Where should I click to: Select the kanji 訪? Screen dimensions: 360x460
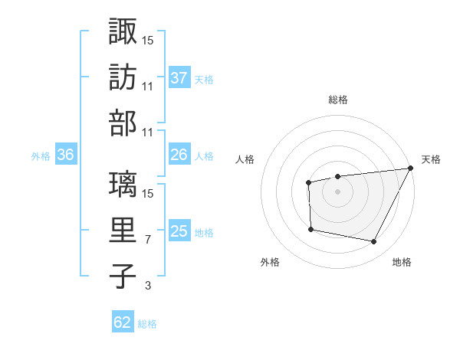[123, 77]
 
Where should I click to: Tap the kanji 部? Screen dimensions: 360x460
[123, 123]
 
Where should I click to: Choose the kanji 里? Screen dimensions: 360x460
[123, 231]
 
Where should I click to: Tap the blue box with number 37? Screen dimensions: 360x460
[179, 77]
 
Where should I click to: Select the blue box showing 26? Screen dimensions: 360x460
[179, 155]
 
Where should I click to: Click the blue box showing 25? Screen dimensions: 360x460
[179, 231]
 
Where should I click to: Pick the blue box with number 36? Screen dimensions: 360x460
[65, 155]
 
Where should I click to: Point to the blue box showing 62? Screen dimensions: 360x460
[123, 322]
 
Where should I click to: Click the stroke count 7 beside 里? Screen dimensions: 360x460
[147, 240]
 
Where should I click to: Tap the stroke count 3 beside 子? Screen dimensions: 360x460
[147, 286]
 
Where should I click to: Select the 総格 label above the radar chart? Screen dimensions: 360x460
[337, 100]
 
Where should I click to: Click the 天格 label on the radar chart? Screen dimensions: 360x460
[432, 159]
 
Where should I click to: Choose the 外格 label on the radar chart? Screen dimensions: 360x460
[270, 262]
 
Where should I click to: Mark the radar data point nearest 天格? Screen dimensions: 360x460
[410, 169]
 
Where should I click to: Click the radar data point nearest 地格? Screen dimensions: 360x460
[374, 242]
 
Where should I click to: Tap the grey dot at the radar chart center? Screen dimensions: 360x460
[337, 191]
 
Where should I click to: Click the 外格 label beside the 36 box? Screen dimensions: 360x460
[41, 155]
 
